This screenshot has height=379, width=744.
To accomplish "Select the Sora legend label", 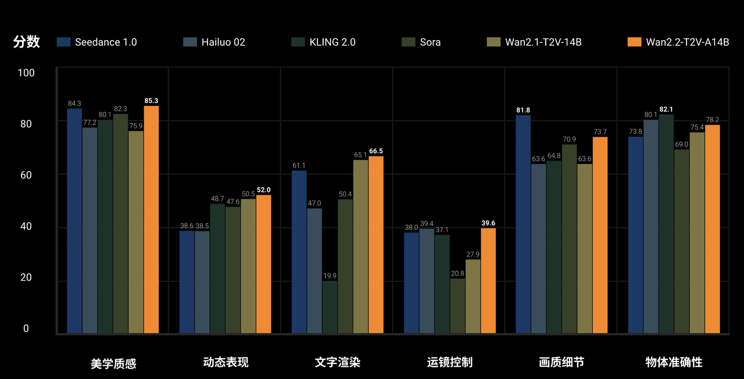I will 430,42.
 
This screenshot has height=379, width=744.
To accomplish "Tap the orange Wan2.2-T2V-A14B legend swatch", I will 635,42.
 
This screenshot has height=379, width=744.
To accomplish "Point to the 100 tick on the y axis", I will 27,73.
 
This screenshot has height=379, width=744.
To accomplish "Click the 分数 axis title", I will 26,42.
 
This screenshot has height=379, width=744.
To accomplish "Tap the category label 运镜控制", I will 449,363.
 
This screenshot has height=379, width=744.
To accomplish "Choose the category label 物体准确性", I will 674,363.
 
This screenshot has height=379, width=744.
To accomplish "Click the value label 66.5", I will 376,151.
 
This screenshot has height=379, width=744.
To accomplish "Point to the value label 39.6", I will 488,223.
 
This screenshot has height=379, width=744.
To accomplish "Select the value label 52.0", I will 264,190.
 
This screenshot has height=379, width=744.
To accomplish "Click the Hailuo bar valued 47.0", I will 314,270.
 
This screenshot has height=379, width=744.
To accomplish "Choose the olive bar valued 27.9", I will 473,296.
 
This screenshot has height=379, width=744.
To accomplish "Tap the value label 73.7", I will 600,132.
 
